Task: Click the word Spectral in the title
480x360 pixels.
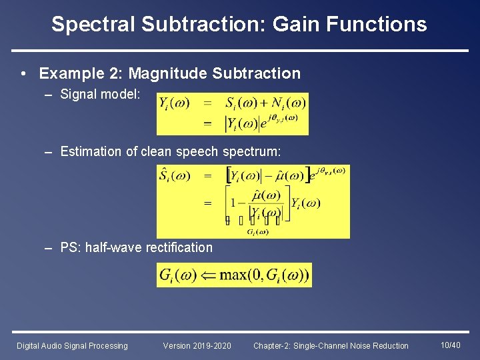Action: coord(93,25)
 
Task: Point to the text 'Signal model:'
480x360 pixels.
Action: coord(100,95)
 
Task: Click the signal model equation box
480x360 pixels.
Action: coord(232,113)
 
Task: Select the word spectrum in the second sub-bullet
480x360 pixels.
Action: coord(251,152)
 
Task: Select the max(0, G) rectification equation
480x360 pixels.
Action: coord(233,275)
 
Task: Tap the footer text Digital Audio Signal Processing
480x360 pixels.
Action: coord(72,345)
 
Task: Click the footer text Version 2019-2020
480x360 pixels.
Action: coord(197,345)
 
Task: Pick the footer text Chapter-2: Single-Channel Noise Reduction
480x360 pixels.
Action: coord(331,345)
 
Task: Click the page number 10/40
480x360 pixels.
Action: coord(451,345)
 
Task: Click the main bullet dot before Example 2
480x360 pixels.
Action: coord(23,74)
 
